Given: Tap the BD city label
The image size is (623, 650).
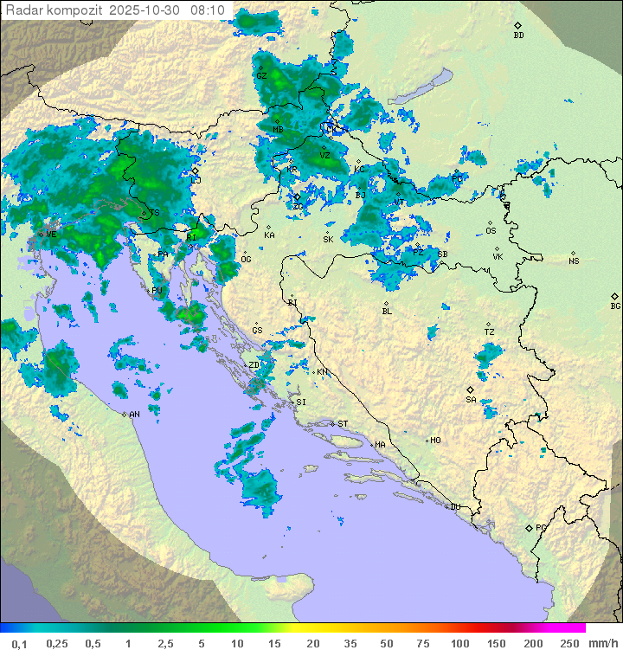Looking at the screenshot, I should click(518, 35).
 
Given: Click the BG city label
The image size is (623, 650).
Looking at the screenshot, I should click(615, 306).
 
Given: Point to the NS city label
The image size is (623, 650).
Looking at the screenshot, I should click(574, 261).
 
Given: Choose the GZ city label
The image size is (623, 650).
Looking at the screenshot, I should click(260, 75).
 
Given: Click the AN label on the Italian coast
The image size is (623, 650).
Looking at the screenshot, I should click(134, 415).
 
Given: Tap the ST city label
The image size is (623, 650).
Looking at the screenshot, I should click(343, 424).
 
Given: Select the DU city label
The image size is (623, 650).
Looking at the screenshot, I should click(454, 507).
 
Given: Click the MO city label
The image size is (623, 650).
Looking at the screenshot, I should click(435, 441).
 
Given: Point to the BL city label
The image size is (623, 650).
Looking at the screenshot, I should click(387, 312).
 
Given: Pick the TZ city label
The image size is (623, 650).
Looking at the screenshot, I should click(490, 332).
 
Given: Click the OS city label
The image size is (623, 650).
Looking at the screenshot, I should click(491, 231).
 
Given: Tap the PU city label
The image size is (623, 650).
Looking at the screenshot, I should click(157, 291).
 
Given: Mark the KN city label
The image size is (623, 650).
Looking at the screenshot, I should click(322, 372).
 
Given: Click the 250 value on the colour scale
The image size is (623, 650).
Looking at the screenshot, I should click(568, 643).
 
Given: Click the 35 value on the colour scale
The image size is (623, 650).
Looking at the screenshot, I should click(350, 643).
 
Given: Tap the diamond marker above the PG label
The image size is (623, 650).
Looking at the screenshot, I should click(529, 527).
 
